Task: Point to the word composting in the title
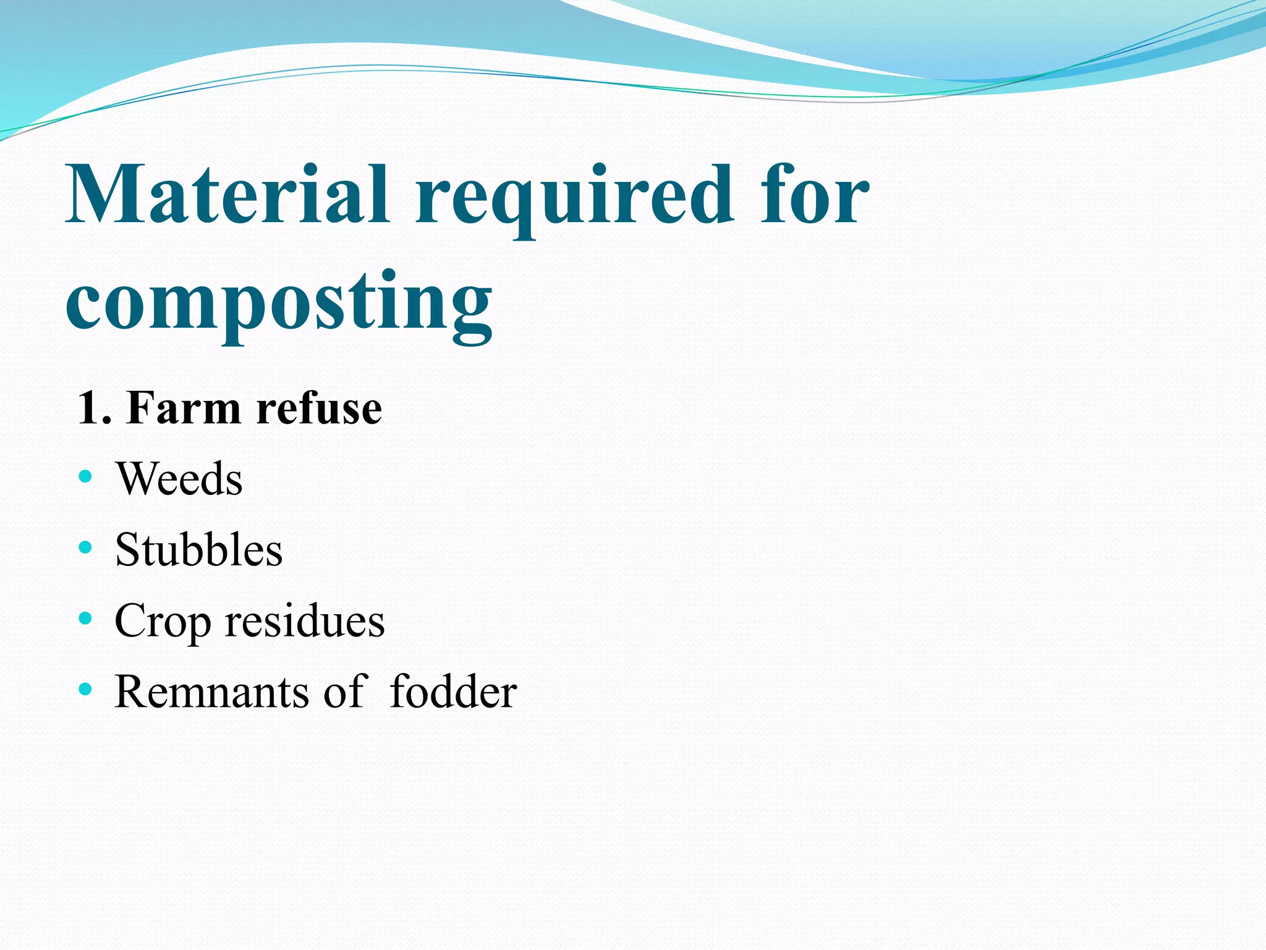pos(279,303)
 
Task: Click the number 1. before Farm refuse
pos(94,408)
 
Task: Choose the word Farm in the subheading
pos(183,408)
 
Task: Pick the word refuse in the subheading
pos(319,408)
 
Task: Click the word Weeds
pos(179,479)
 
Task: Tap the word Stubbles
pos(198,549)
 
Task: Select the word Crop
pos(163,621)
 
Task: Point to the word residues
pos(305,620)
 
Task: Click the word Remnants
pos(211,691)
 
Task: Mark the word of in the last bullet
pos(346,691)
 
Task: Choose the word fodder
pos(453,691)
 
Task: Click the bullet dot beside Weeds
pos(85,476)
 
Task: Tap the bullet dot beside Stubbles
pos(85,547)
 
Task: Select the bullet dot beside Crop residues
pos(85,618)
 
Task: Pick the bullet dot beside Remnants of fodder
pos(85,688)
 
